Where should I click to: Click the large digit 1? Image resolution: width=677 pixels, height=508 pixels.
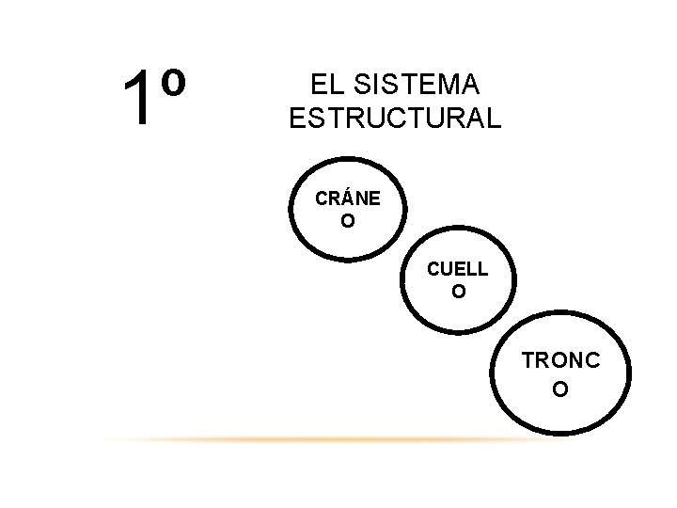point(138,99)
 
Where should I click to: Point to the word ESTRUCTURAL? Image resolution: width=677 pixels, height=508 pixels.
point(395,119)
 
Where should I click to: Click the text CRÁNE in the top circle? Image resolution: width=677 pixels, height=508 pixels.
point(348,199)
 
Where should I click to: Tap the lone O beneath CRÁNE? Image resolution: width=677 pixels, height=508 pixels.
point(348,222)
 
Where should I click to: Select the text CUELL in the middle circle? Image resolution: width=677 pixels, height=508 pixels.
point(458,269)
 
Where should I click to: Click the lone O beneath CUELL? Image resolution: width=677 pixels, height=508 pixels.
point(458,292)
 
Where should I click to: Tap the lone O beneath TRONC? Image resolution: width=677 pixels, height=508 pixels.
point(559,389)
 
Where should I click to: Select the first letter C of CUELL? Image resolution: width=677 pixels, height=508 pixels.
point(433,269)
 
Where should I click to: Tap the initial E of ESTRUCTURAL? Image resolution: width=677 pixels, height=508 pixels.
point(296,119)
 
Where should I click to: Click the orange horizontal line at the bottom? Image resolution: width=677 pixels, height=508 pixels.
point(320,439)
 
